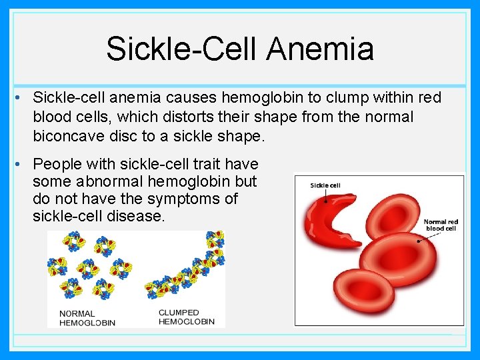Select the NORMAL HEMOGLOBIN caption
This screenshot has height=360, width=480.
click(x=87, y=318)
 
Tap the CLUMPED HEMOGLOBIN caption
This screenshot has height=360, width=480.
click(x=187, y=317)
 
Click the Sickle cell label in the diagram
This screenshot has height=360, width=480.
click(x=325, y=185)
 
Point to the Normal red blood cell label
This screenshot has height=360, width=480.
click(x=441, y=225)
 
